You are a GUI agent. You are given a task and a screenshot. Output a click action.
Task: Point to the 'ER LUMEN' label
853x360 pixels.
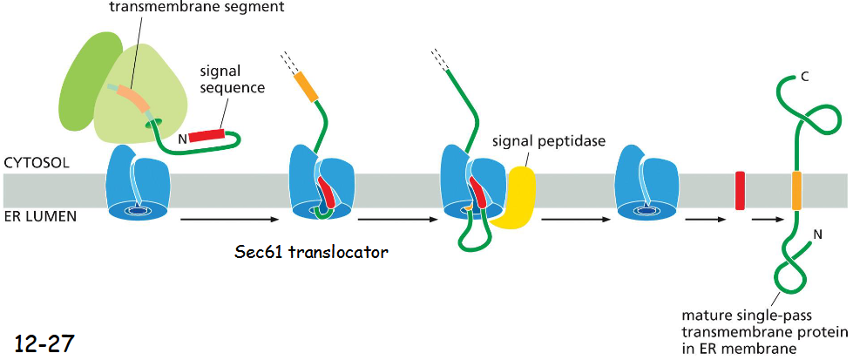(41, 217)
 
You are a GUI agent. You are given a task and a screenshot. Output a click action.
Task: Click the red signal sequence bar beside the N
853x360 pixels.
(207, 135)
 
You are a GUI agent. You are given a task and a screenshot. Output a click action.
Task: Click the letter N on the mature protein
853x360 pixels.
(817, 234)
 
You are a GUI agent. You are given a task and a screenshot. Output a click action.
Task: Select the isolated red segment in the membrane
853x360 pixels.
(740, 190)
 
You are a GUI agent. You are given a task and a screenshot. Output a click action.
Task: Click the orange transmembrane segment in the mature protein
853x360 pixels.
(796, 190)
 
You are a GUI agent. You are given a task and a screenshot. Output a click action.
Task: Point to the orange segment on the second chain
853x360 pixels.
(306, 86)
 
